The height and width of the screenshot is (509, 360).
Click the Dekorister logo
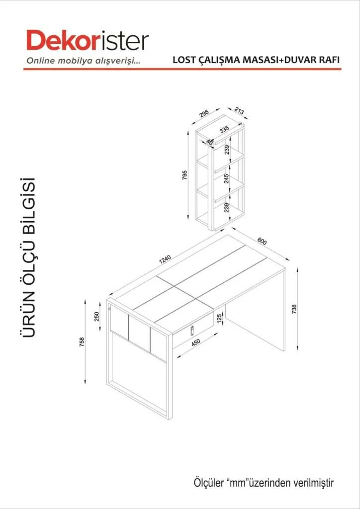pos(88,41)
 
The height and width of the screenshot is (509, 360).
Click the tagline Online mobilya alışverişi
pos(84,61)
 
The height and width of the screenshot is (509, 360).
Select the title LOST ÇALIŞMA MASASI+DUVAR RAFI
pos(257,60)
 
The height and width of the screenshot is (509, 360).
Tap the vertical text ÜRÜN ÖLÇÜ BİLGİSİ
pos(29,257)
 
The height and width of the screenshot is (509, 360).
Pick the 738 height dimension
pos(294,309)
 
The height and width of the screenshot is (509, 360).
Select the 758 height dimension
pos(82,342)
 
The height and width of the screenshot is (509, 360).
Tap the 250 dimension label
pos(96,316)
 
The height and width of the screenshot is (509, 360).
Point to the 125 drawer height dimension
pos(219,318)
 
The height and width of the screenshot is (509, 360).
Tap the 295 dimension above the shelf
pos(204,113)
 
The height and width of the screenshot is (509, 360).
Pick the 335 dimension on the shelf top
pos(224,130)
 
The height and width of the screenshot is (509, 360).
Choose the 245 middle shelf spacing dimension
pos(227,178)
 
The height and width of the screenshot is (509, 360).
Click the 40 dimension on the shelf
pos(209,142)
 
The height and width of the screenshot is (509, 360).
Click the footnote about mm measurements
pos(264,482)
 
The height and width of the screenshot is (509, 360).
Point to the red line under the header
pos(182,69)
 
